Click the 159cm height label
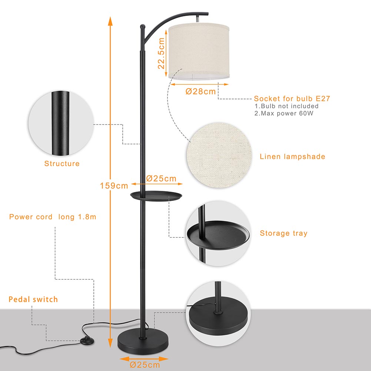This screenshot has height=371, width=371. pos(114,186)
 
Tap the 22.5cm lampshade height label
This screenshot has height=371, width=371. pos(161,53)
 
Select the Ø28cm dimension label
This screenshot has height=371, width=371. pos(201,91)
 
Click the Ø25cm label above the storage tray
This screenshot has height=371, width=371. pos(161,178)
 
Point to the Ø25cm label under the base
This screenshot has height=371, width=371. pos(145,365)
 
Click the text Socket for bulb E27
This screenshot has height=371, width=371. pos(292,99)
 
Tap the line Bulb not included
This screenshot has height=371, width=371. pos(286,106)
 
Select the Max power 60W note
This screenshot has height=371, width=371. pos(284,113)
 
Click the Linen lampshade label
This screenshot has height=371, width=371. pos(292,156)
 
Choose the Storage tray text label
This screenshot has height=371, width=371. pos(284,233)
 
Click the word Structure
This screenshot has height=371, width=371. pos(62,163)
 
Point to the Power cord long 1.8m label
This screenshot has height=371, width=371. pos(53,217)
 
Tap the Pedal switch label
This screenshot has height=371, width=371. pos(33,299)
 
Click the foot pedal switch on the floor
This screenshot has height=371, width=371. pos(87,341)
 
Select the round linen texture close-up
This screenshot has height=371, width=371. pos(219,155)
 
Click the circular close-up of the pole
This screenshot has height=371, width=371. pos(61,123)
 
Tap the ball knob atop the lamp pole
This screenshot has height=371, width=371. pos(142,26)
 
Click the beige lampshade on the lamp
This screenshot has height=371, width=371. pos(199,51)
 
